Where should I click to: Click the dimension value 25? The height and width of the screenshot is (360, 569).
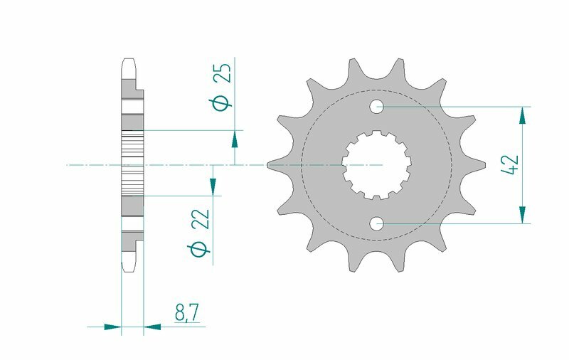221,75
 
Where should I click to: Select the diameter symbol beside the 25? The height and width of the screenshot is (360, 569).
220,105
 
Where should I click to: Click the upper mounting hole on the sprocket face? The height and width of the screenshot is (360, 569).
376,107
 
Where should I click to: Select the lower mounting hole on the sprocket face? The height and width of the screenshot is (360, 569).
376,224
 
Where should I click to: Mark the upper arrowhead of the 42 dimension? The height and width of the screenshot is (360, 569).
523,115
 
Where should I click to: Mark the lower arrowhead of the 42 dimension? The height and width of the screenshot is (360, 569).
523,216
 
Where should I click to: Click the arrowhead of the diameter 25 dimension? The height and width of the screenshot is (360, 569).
235,139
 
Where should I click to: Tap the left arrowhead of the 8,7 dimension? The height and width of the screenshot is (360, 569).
112,327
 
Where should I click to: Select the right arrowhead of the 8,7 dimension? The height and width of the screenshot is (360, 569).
153,327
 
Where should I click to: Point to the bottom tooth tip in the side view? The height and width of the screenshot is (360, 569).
128,267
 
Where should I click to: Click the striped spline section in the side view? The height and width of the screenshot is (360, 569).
133,164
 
